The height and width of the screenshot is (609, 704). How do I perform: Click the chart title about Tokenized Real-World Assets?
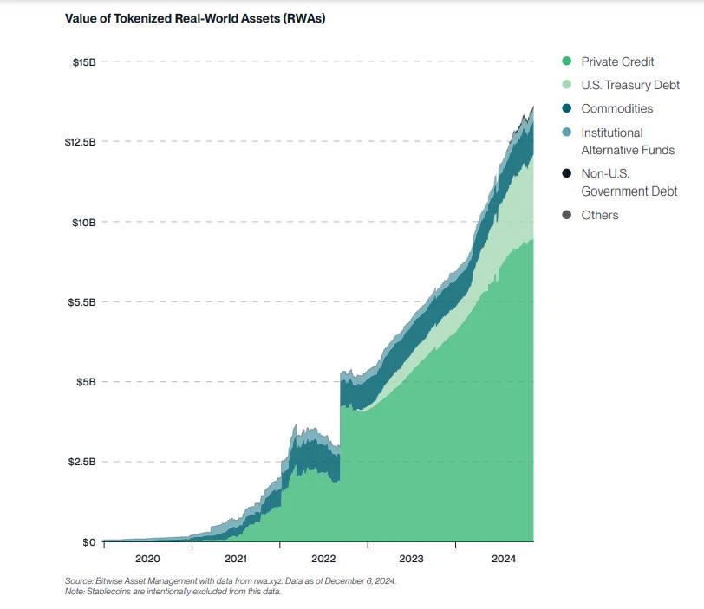pos(195,19)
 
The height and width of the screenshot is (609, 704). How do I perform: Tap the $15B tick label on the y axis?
pos(83,62)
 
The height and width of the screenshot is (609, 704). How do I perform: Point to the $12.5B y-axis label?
pos(79,141)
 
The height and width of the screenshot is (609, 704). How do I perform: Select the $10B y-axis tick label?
pos(83,222)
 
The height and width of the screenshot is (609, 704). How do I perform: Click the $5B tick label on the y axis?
pos(85,382)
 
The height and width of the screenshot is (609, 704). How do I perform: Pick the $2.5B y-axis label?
pos(81,462)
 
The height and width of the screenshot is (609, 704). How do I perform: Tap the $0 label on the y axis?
pos(88,542)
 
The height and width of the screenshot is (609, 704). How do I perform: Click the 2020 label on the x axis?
pos(147,559)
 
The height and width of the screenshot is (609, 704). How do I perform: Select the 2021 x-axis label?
pos(235,559)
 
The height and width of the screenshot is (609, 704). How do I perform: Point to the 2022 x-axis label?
pos(323,559)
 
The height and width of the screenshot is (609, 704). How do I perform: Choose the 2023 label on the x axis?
pos(411,559)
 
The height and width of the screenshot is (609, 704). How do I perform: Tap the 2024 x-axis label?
pos(499,559)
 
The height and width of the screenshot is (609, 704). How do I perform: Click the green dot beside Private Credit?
pos(567,62)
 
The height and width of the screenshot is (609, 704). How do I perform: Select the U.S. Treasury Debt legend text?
pos(630,85)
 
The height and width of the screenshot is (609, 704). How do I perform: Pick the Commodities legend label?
pos(616,108)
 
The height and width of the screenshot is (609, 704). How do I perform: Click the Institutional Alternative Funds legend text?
pos(628,141)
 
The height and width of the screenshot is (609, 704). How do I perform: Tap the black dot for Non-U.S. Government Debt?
pos(567,173)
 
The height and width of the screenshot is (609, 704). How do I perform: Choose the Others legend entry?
pos(600,215)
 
